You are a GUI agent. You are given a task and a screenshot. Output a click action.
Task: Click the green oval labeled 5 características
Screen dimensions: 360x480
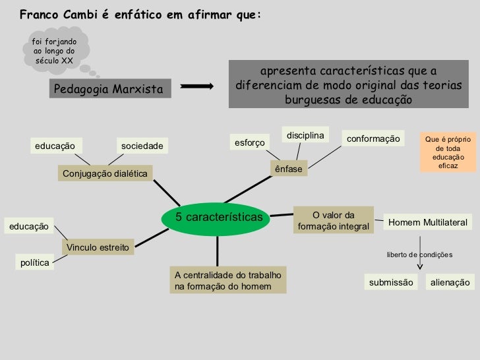coord(218,218)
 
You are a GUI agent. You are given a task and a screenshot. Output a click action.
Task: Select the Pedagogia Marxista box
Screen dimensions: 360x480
coord(107,89)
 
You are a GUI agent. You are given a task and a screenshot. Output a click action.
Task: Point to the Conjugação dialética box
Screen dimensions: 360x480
coord(104,173)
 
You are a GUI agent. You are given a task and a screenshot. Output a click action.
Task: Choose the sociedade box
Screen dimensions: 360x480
coord(142,145)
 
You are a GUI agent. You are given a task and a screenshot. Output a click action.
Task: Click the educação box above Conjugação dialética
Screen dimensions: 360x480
coord(55,145)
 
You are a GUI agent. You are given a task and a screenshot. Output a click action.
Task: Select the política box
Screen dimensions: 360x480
coord(35,262)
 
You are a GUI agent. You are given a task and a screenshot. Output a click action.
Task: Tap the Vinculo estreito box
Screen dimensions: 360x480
coord(98,247)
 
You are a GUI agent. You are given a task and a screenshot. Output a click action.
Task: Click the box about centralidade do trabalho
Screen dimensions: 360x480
coord(227,280)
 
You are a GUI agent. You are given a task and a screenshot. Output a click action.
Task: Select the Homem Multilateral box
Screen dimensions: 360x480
coord(427,223)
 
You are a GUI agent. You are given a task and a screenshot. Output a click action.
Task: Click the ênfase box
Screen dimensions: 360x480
coord(288,169)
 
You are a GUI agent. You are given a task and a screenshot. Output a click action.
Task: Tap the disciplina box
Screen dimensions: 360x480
coord(306,135)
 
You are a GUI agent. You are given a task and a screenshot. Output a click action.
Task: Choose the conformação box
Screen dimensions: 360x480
coord(373,139)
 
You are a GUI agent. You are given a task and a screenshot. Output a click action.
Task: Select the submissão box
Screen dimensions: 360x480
coord(391,282)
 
